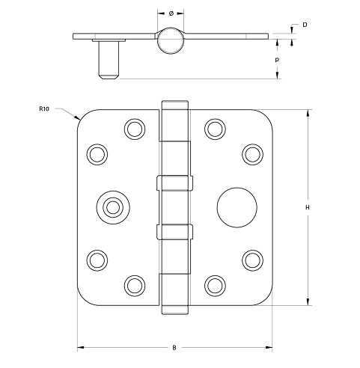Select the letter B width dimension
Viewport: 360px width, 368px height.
coord(174,348)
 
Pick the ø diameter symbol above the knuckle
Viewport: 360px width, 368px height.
coord(172,13)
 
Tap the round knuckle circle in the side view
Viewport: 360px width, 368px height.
coord(173,40)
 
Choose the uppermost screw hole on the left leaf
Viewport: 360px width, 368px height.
coord(135,128)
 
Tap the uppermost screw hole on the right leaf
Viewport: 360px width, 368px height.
coord(214,128)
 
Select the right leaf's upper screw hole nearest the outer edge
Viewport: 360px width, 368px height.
coord(250,153)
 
